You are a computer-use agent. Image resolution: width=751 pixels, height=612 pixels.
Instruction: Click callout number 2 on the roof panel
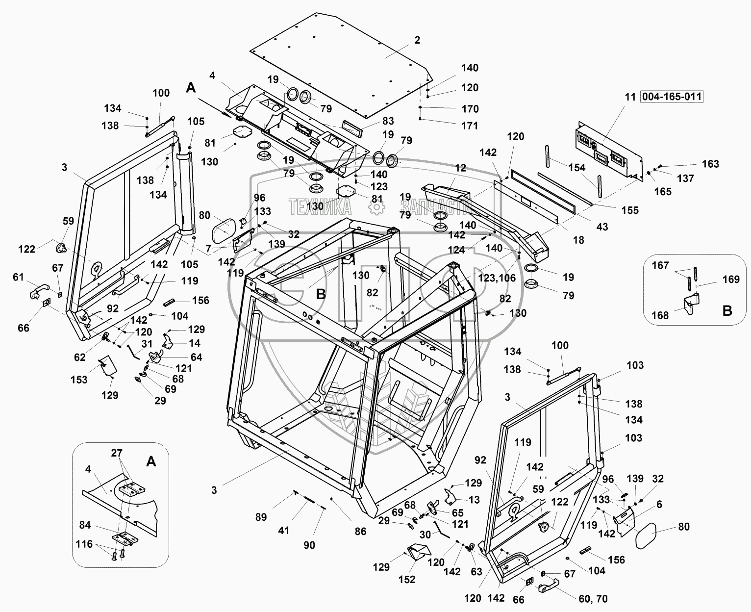[417, 40]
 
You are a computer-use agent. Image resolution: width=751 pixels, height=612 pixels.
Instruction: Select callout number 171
[470, 126]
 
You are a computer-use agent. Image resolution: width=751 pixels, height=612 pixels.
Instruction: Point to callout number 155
[630, 210]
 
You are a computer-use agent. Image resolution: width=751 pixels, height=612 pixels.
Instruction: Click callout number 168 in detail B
[660, 315]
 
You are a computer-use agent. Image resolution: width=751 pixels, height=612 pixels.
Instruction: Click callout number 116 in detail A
[84, 544]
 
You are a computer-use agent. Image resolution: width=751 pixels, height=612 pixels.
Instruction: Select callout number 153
[79, 380]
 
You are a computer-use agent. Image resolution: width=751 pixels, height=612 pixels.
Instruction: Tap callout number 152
[407, 579]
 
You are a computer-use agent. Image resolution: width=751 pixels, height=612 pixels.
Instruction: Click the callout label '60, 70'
[593, 599]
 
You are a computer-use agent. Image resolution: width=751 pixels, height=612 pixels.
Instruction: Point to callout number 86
[360, 532]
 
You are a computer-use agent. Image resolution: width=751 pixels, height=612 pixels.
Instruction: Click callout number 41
[284, 530]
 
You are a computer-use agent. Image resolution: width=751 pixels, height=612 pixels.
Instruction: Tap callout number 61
[18, 278]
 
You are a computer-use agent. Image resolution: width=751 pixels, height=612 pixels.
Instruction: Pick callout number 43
[602, 227]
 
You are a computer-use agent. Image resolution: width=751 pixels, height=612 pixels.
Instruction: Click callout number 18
[578, 240]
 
